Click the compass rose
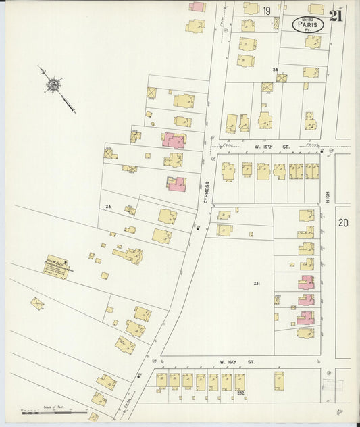click(53, 84)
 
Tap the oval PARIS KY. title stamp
click(308, 24)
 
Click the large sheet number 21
click(335, 16)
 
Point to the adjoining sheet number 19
click(267, 10)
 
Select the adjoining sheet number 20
click(343, 222)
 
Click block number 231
click(256, 283)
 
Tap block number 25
click(108, 206)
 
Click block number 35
click(275, 70)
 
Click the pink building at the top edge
click(197, 7)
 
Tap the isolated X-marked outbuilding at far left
click(37, 303)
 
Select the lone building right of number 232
click(279, 380)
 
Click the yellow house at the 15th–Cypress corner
click(228, 170)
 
